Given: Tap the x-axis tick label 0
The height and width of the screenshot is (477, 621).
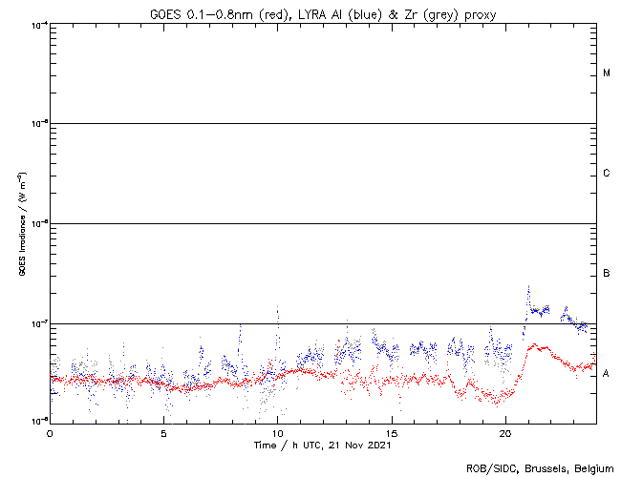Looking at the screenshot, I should [x=50, y=432].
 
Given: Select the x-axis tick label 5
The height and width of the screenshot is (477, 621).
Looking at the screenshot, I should [x=163, y=432].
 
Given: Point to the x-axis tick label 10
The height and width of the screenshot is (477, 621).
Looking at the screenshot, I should [x=277, y=432].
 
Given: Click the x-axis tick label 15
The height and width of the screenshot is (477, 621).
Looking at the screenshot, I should [x=392, y=432].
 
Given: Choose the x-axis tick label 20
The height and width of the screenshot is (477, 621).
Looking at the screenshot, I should [x=505, y=432].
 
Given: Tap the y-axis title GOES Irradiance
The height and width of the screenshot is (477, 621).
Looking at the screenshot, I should [x=21, y=223].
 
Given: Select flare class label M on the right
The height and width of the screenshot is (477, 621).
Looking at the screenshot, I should [x=607, y=73].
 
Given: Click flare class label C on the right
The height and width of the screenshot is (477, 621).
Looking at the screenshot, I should [x=607, y=174].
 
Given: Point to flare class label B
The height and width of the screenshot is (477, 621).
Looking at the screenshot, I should [x=607, y=274].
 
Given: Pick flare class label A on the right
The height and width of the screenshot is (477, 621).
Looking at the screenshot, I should [x=607, y=374].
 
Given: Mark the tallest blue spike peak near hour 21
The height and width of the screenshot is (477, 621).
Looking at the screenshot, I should [x=528, y=284].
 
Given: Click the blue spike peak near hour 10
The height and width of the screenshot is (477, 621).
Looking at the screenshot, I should [x=278, y=307].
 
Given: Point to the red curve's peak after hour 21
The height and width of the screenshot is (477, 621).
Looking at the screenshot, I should [x=532, y=344].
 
